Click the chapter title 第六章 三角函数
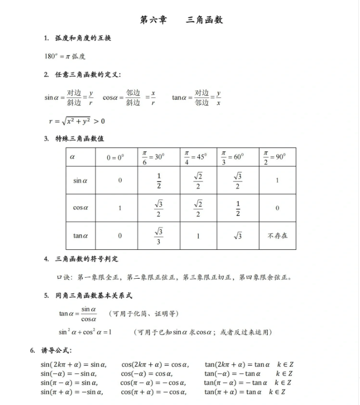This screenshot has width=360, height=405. tap(181, 20)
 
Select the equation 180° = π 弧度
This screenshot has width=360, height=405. tap(65, 56)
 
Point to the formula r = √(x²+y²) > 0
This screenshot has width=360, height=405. tap(77, 121)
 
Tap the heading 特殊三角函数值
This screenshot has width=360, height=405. tap(80, 139)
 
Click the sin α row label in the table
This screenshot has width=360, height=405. tap(80, 180)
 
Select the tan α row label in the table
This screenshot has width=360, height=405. tap(80, 235)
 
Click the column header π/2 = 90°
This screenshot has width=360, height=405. tap(277, 157)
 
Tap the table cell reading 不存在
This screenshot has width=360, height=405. tap(277, 235)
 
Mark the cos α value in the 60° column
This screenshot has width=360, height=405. tap(238, 208)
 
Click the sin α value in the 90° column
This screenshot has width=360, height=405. tap(277, 180)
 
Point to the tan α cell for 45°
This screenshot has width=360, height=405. tap(198, 235)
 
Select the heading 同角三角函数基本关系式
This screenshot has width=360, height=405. tap(94, 295)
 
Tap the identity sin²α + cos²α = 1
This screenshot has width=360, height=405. tap(85, 332)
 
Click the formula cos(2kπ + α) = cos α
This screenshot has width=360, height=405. tap(155, 365)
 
